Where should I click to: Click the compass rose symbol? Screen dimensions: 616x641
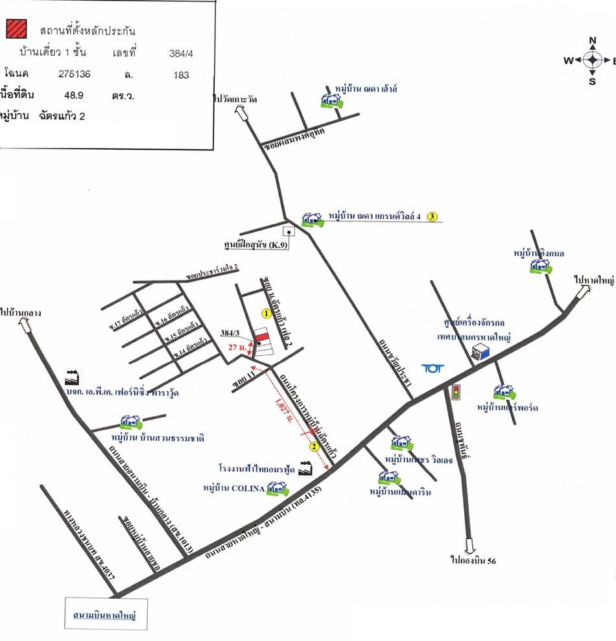click(x=593, y=60)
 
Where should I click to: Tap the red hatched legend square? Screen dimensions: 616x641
click(x=17, y=29)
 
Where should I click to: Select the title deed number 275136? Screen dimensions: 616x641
click(x=75, y=74)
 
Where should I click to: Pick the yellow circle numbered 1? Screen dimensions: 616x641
click(x=265, y=313)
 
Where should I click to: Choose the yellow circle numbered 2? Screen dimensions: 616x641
click(x=314, y=446)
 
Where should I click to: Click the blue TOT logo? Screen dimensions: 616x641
click(x=431, y=368)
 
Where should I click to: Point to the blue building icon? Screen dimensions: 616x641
click(x=480, y=353)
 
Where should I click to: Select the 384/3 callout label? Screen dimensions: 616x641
click(x=230, y=332)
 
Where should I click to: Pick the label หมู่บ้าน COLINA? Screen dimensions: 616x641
click(x=234, y=488)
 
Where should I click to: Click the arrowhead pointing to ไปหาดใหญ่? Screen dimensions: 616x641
click(x=582, y=294)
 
